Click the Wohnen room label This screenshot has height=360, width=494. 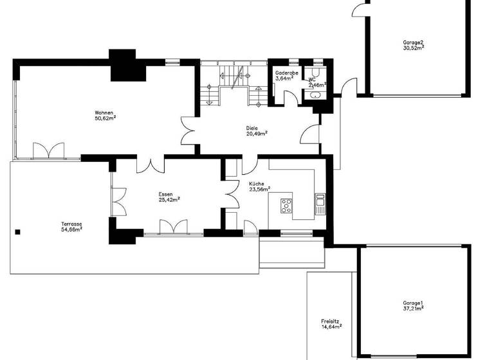click(104, 113)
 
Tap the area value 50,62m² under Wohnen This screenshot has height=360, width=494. click(105, 118)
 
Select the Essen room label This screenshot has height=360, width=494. click(167, 194)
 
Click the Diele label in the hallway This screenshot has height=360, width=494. click(252, 127)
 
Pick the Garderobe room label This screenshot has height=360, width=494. click(286, 73)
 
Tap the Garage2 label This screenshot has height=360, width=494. click(414, 42)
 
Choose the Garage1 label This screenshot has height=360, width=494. click(413, 303)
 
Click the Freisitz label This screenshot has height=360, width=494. click(331, 321)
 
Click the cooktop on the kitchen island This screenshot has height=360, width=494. click(286, 206)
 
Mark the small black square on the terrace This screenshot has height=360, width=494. click(19, 232)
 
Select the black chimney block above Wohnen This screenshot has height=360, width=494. click(123, 66)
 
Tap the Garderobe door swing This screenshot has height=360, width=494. click(291, 97)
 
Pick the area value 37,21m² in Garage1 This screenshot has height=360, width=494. click(413, 309)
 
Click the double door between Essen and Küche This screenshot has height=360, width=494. click(230, 194)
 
